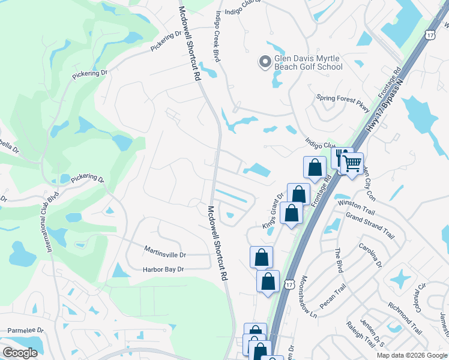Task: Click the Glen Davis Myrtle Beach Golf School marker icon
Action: pos(265,61)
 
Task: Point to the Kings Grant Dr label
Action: pos(272,210)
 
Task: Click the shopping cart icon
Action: pos(352,163)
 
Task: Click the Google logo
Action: pos(20,353)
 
